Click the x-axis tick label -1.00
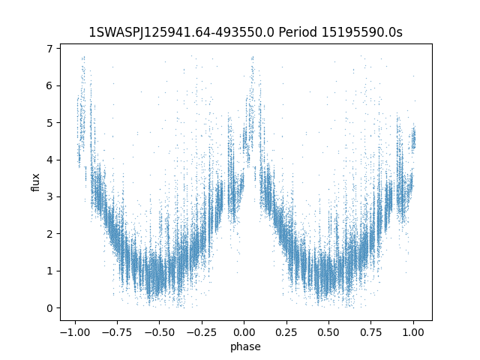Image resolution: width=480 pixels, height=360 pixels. pos(73,332)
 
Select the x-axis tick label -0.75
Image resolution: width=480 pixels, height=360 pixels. pos(116,332)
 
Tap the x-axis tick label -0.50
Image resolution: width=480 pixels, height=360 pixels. pos(158,332)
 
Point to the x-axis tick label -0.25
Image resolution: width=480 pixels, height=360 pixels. pos(201,332)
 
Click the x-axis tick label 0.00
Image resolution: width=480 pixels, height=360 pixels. pos(244,332)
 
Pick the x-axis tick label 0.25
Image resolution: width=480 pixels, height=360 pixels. pos(287,332)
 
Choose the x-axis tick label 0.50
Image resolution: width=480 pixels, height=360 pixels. pos(329,332)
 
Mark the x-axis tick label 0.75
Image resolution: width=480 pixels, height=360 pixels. pos(372,332)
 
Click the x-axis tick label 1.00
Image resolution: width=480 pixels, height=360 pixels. pos(414,332)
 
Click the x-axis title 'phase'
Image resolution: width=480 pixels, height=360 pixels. pos(244,346)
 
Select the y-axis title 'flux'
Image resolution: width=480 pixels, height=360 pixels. pos(35,182)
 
